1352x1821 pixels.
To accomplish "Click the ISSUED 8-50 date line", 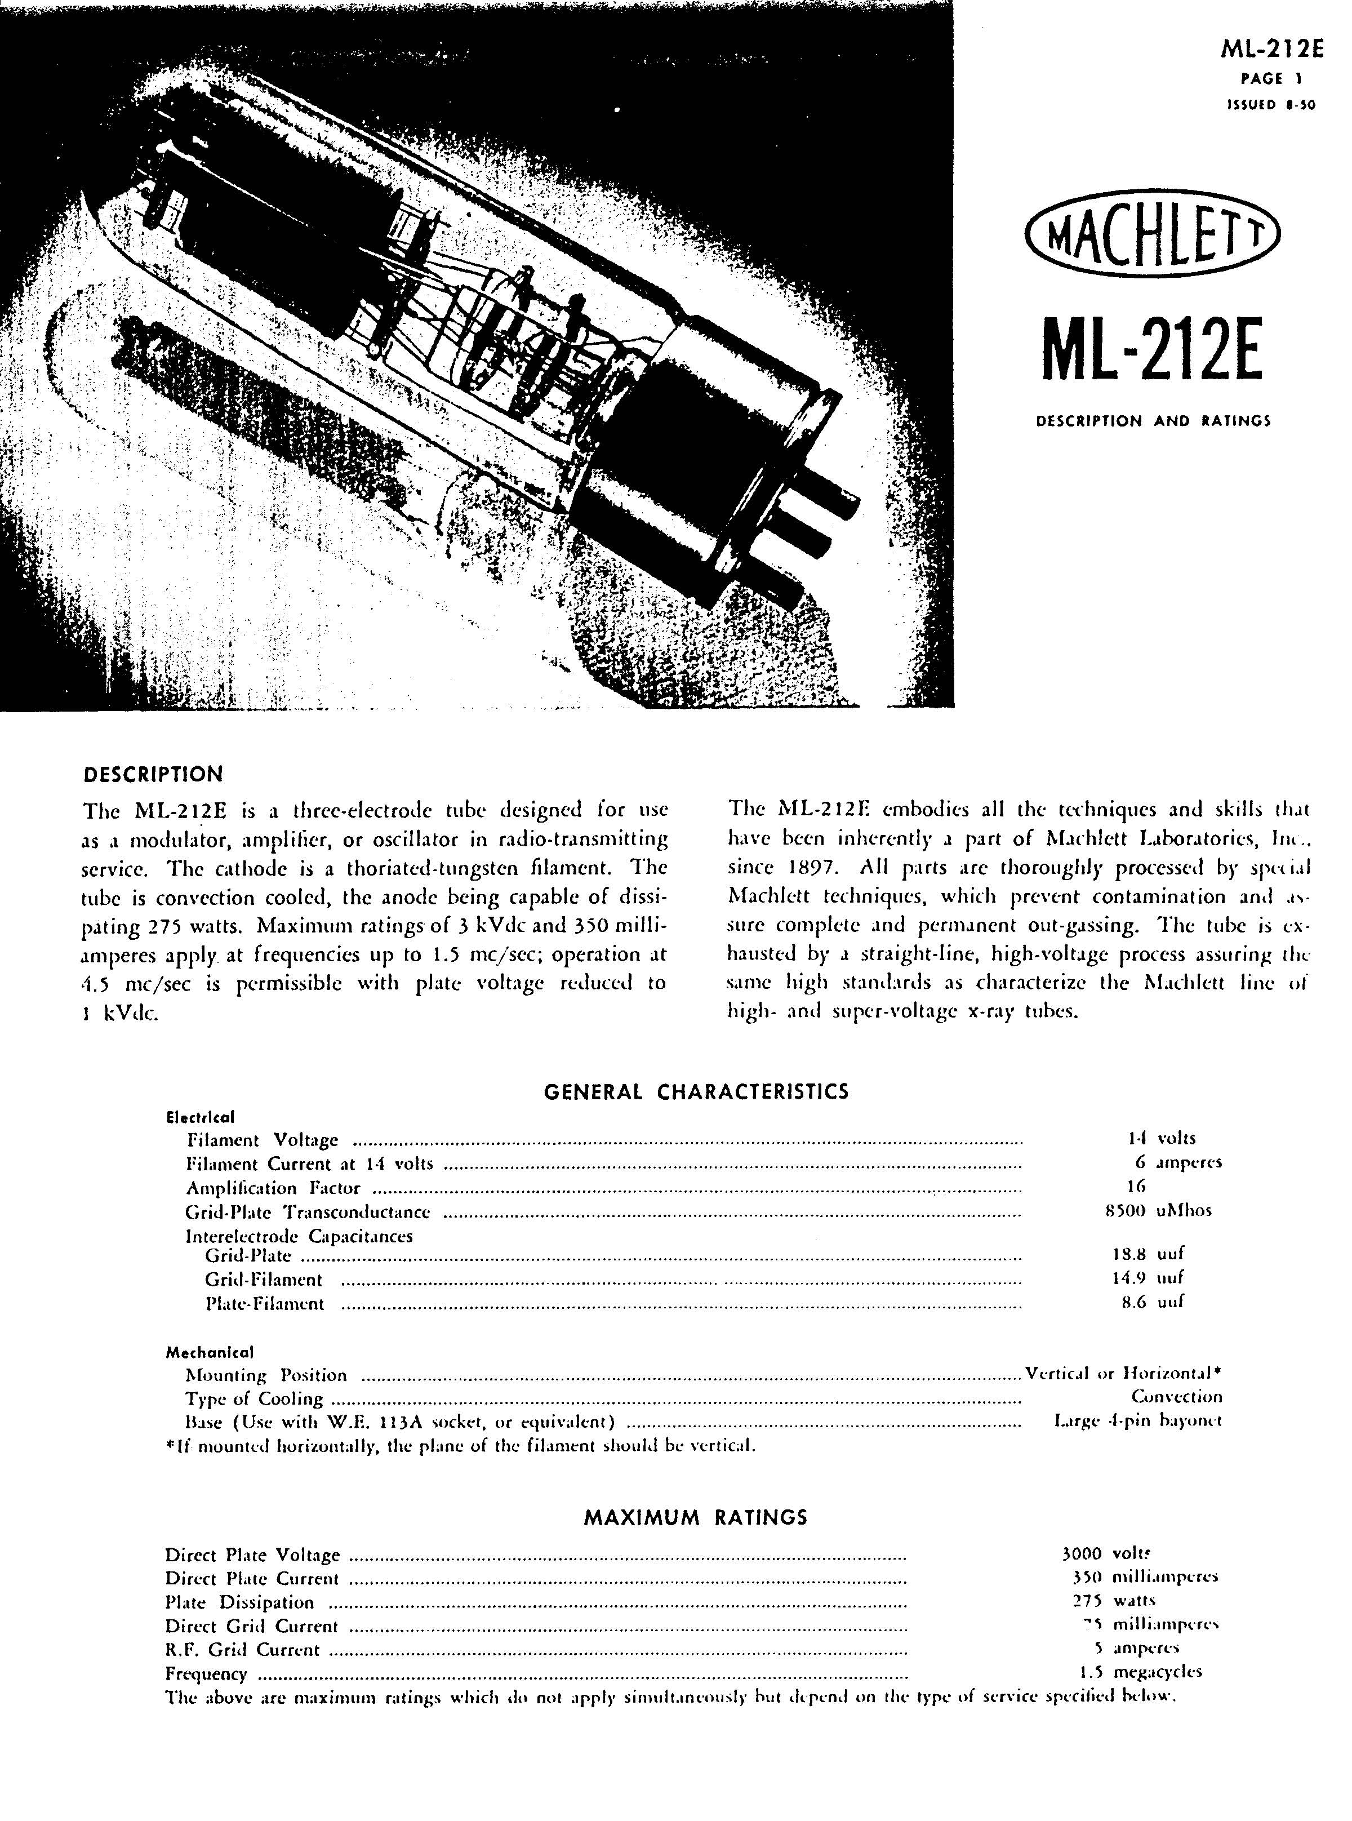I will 1270,105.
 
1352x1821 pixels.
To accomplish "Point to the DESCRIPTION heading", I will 154,774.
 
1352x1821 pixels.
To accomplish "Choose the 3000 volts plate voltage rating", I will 1105,1553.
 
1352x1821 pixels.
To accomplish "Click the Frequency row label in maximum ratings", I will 206,1674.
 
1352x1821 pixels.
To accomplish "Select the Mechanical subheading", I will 210,1352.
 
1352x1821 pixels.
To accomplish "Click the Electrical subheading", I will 201,1116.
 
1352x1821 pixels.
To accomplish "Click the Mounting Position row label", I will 266,1375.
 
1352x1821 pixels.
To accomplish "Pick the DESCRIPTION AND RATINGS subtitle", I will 1153,421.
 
